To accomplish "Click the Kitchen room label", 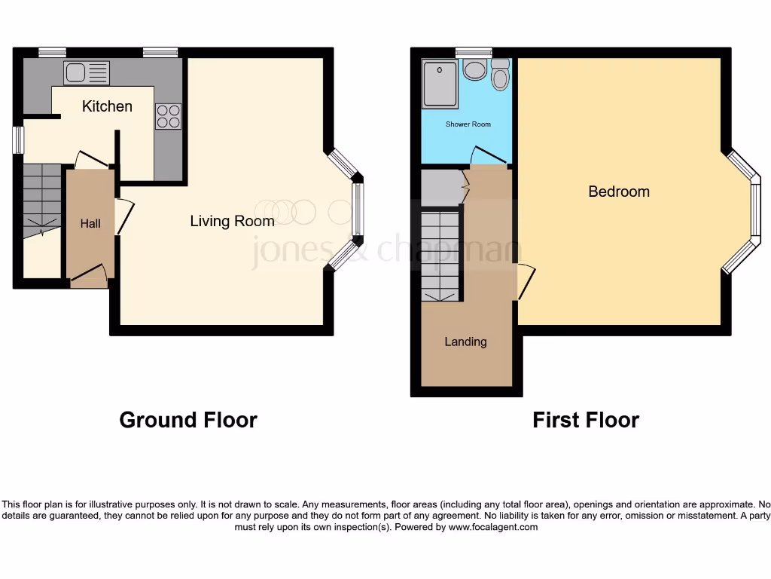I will click(107, 106).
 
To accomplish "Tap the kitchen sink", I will click(86, 73).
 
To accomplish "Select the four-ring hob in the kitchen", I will click(168, 116).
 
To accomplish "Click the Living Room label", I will click(231, 221).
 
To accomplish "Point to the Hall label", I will click(90, 224).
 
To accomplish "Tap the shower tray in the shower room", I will click(440, 83).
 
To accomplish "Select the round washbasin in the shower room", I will click(474, 71).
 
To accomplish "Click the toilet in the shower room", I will click(500, 75).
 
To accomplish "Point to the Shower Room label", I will click(468, 124).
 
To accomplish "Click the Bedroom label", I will click(618, 191).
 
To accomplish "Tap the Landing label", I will click(465, 342).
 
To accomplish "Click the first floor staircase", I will click(439, 255).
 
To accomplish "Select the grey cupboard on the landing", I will click(440, 188).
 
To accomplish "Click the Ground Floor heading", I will click(187, 420).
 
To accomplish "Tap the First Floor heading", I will click(585, 420).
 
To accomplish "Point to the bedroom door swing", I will click(526, 282).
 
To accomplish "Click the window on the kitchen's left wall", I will click(17, 139).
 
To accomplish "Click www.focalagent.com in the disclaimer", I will click(492, 528).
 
